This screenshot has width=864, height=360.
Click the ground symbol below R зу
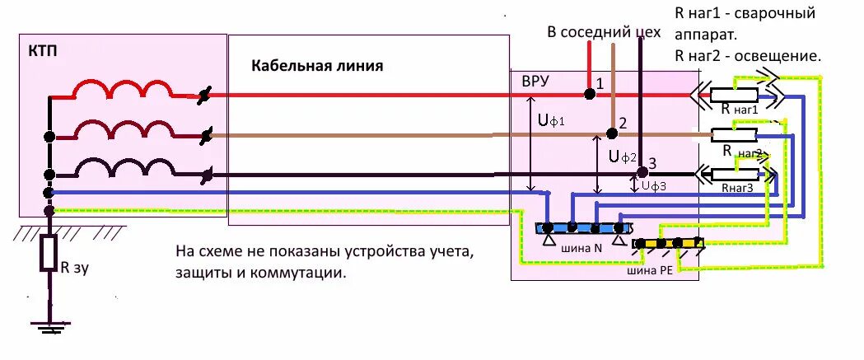pyautogui.click(x=50, y=330)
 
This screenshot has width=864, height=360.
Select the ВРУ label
pyautogui.click(x=536, y=82)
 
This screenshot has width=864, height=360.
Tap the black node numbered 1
pyautogui.click(x=590, y=95)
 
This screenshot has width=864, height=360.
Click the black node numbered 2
pyautogui.click(x=611, y=133)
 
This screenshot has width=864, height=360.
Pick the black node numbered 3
pyautogui.click(x=642, y=173)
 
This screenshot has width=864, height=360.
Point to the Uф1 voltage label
pyautogui.click(x=551, y=121)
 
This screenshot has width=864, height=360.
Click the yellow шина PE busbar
pyautogui.click(x=668, y=244)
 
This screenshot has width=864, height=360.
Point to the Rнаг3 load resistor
pyautogui.click(x=734, y=174)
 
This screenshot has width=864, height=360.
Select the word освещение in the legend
pyautogui.click(x=782, y=57)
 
